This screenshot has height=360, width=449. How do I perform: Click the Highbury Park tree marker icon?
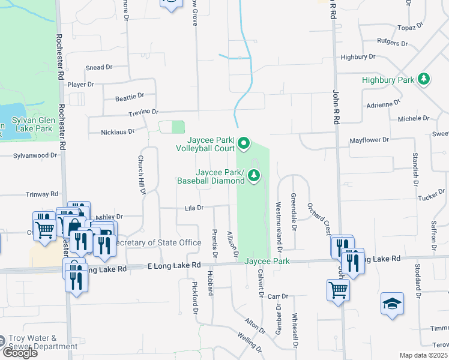424,79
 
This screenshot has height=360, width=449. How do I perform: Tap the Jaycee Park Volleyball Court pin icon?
243,143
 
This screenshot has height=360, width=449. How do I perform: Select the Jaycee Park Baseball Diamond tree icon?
255,175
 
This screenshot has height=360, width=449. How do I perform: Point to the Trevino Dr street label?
142,112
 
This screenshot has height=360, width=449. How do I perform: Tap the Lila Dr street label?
194,208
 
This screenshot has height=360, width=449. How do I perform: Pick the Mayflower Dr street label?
369,140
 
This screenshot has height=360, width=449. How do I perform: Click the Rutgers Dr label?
392,43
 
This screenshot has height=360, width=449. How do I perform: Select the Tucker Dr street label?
431,197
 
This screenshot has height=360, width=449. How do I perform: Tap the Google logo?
20,353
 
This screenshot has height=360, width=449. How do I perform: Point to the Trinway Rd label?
41,194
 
